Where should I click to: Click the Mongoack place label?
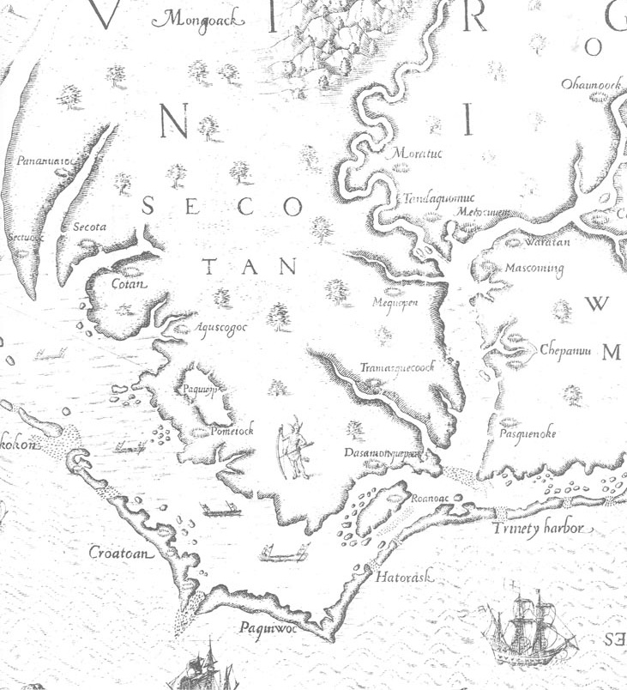point(190,18)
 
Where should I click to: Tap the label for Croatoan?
point(121,553)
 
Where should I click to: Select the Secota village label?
point(88,227)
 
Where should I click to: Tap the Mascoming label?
point(534,269)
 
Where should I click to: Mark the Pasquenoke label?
point(528,433)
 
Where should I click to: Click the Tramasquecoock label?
point(398,367)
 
